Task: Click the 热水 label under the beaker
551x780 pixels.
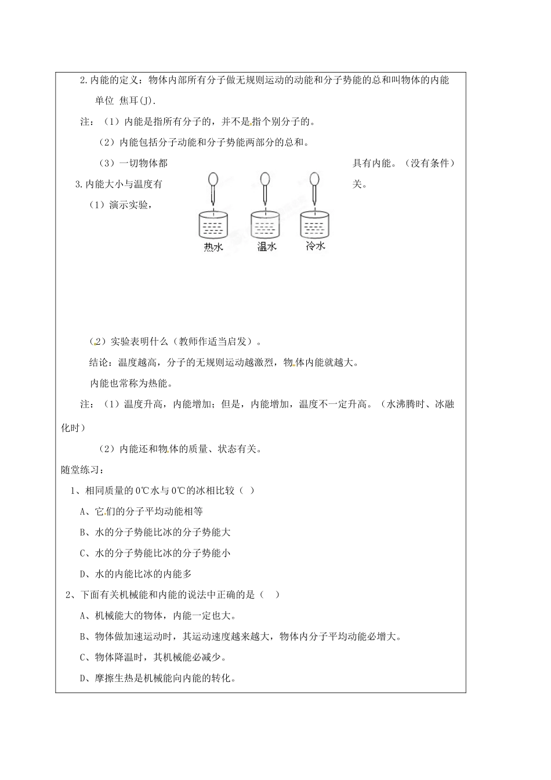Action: (x=213, y=247)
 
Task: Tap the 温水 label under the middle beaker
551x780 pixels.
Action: (x=266, y=247)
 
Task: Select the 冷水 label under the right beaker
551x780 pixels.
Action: (x=315, y=245)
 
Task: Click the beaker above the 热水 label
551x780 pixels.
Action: (x=213, y=224)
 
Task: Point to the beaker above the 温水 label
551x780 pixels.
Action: (x=266, y=224)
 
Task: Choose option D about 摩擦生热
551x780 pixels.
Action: (x=158, y=678)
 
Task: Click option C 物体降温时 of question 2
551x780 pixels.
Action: (x=153, y=658)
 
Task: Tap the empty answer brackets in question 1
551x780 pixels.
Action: (x=246, y=490)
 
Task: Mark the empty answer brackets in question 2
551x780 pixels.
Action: (x=270, y=595)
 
